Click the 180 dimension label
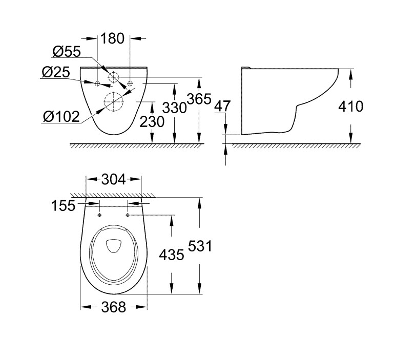click(x=112, y=38)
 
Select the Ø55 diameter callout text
click(x=67, y=52)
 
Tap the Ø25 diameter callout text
click(x=55, y=72)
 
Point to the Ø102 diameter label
click(x=61, y=117)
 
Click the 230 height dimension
click(x=152, y=122)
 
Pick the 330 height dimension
click(x=174, y=108)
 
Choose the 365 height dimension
click(x=199, y=99)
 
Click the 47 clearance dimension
click(x=222, y=106)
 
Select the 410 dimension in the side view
click(x=351, y=107)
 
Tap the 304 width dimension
click(x=113, y=180)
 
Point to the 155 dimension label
click(x=63, y=205)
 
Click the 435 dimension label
click(x=172, y=255)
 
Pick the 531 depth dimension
click(x=200, y=246)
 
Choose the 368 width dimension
click(x=114, y=307)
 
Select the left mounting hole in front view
click(x=97, y=84)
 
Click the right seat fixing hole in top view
click(x=128, y=215)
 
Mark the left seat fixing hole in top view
click(x=99, y=215)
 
